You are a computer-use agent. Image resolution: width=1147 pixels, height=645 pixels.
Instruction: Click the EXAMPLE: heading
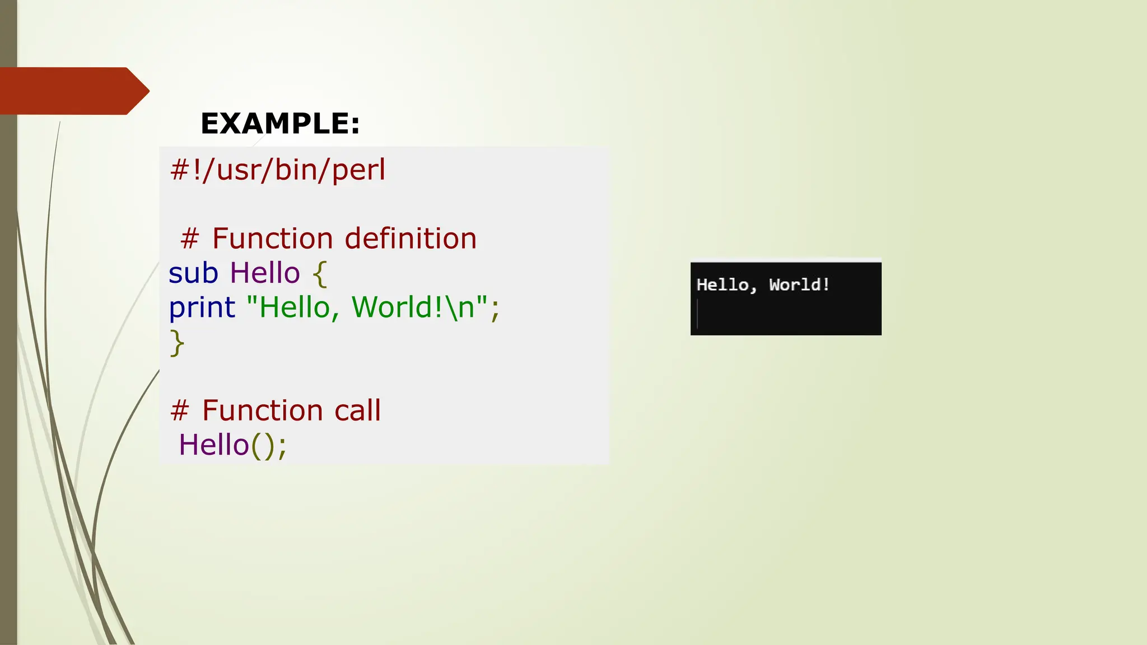[280, 124]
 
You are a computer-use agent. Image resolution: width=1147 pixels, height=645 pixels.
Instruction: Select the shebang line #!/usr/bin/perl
[278, 170]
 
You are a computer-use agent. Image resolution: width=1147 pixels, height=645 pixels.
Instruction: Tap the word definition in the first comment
[411, 239]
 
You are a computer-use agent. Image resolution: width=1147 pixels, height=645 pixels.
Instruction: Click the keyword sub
[193, 273]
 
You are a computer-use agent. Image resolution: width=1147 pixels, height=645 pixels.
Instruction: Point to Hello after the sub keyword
[265, 273]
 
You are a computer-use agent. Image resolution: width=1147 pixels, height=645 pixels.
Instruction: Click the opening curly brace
[320, 274]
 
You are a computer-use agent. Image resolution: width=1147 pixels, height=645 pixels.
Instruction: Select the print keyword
[202, 308]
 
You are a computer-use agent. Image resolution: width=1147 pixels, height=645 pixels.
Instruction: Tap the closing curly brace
[177, 343]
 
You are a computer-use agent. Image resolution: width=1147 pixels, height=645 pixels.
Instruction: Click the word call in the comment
[357, 410]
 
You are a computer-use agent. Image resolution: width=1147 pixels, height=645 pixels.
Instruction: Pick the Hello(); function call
[232, 445]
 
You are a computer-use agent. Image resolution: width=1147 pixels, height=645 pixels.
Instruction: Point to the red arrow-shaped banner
[73, 91]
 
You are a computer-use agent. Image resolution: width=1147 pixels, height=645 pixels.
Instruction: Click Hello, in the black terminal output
[726, 285]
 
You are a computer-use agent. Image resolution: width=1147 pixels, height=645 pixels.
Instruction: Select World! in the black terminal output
[799, 285]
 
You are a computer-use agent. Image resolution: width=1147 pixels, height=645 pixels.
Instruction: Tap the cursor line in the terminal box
[698, 314]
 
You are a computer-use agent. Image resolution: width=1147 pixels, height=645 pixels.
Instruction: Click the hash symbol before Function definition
[189, 239]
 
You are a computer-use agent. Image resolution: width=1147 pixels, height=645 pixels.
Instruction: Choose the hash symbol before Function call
[179, 411]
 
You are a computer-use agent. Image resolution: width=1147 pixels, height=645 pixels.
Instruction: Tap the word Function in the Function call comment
[262, 410]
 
